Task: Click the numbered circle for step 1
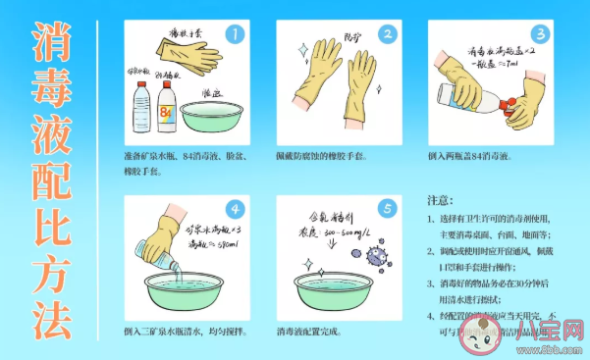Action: click(234, 34)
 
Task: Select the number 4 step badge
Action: click(234, 209)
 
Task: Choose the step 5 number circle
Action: click(387, 209)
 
